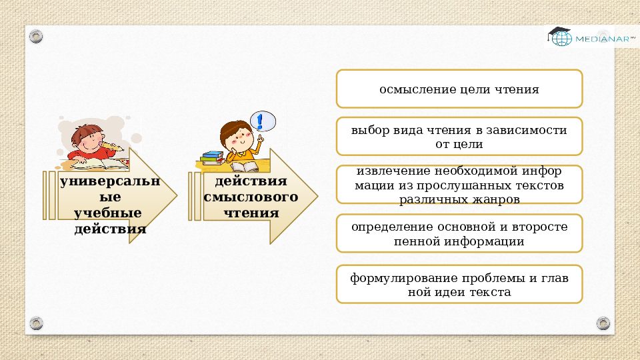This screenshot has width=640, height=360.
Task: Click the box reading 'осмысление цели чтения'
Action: coord(459,89)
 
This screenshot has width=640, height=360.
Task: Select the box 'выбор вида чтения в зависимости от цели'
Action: coord(459,137)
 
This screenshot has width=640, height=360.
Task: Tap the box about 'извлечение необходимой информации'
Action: coord(459,185)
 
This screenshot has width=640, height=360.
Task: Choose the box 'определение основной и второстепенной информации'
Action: coord(459,233)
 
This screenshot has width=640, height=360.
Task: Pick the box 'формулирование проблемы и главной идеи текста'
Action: coord(459,285)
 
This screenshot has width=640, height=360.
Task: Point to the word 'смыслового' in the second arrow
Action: coord(250,197)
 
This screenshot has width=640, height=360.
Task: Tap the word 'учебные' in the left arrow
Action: coord(108,213)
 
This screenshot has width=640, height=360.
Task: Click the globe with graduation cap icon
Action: coord(560,36)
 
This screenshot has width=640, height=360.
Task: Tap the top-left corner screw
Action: coord(36,35)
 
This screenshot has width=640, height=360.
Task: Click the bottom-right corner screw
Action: coord(603,323)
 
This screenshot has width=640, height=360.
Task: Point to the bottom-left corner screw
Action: coord(36,323)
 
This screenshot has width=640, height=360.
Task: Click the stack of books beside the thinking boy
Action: coord(212,158)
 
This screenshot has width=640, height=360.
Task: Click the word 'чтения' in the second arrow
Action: coord(251,213)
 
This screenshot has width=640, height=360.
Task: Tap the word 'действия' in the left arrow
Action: coord(110,229)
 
